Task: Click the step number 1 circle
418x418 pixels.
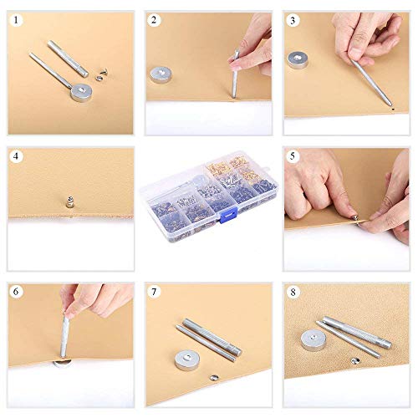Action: tap(16, 22)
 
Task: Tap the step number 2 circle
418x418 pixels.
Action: tap(154, 22)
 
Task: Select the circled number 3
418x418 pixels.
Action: tap(292, 22)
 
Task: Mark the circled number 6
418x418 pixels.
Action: tap(16, 292)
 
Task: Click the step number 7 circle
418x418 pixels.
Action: tap(154, 292)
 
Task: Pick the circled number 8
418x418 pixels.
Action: tap(292, 292)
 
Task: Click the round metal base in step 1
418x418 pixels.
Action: tap(82, 90)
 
